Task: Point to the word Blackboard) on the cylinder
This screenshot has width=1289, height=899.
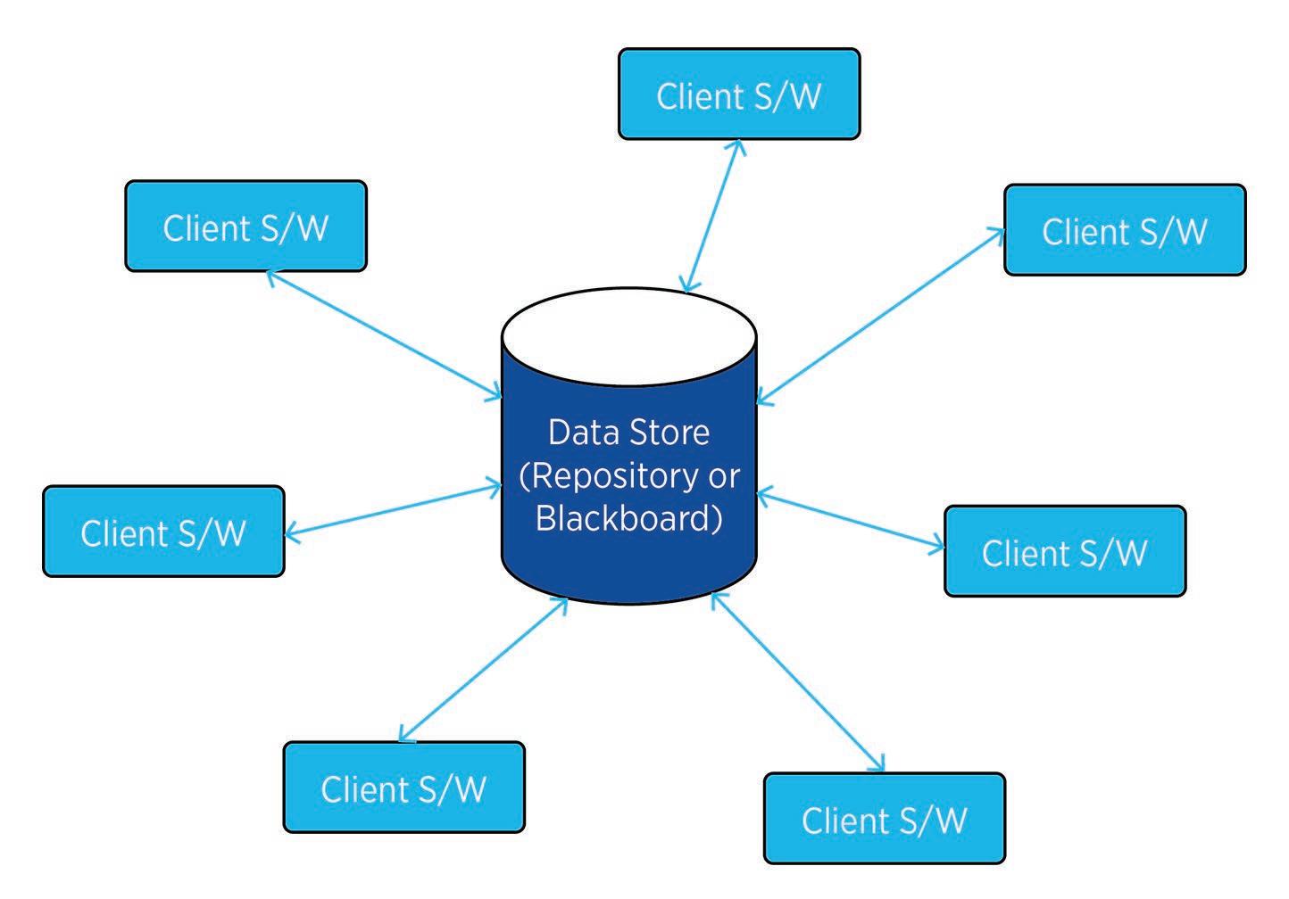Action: click(628, 518)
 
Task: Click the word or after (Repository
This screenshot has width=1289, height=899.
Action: click(724, 476)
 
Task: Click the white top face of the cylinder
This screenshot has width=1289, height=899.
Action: click(629, 334)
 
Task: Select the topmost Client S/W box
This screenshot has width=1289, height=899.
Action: click(739, 95)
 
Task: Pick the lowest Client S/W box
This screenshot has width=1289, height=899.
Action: click(885, 819)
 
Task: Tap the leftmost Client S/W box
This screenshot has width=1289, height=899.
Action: click(163, 532)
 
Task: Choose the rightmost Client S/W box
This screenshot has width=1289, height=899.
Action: click(1125, 230)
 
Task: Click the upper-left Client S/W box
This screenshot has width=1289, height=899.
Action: click(245, 227)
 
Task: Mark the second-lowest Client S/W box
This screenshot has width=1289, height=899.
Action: click(403, 788)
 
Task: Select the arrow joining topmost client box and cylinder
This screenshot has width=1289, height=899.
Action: click(711, 214)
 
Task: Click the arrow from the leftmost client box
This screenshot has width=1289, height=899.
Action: click(393, 510)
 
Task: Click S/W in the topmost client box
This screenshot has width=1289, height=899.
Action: click(786, 95)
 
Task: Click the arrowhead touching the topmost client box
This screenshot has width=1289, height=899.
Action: click(736, 144)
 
